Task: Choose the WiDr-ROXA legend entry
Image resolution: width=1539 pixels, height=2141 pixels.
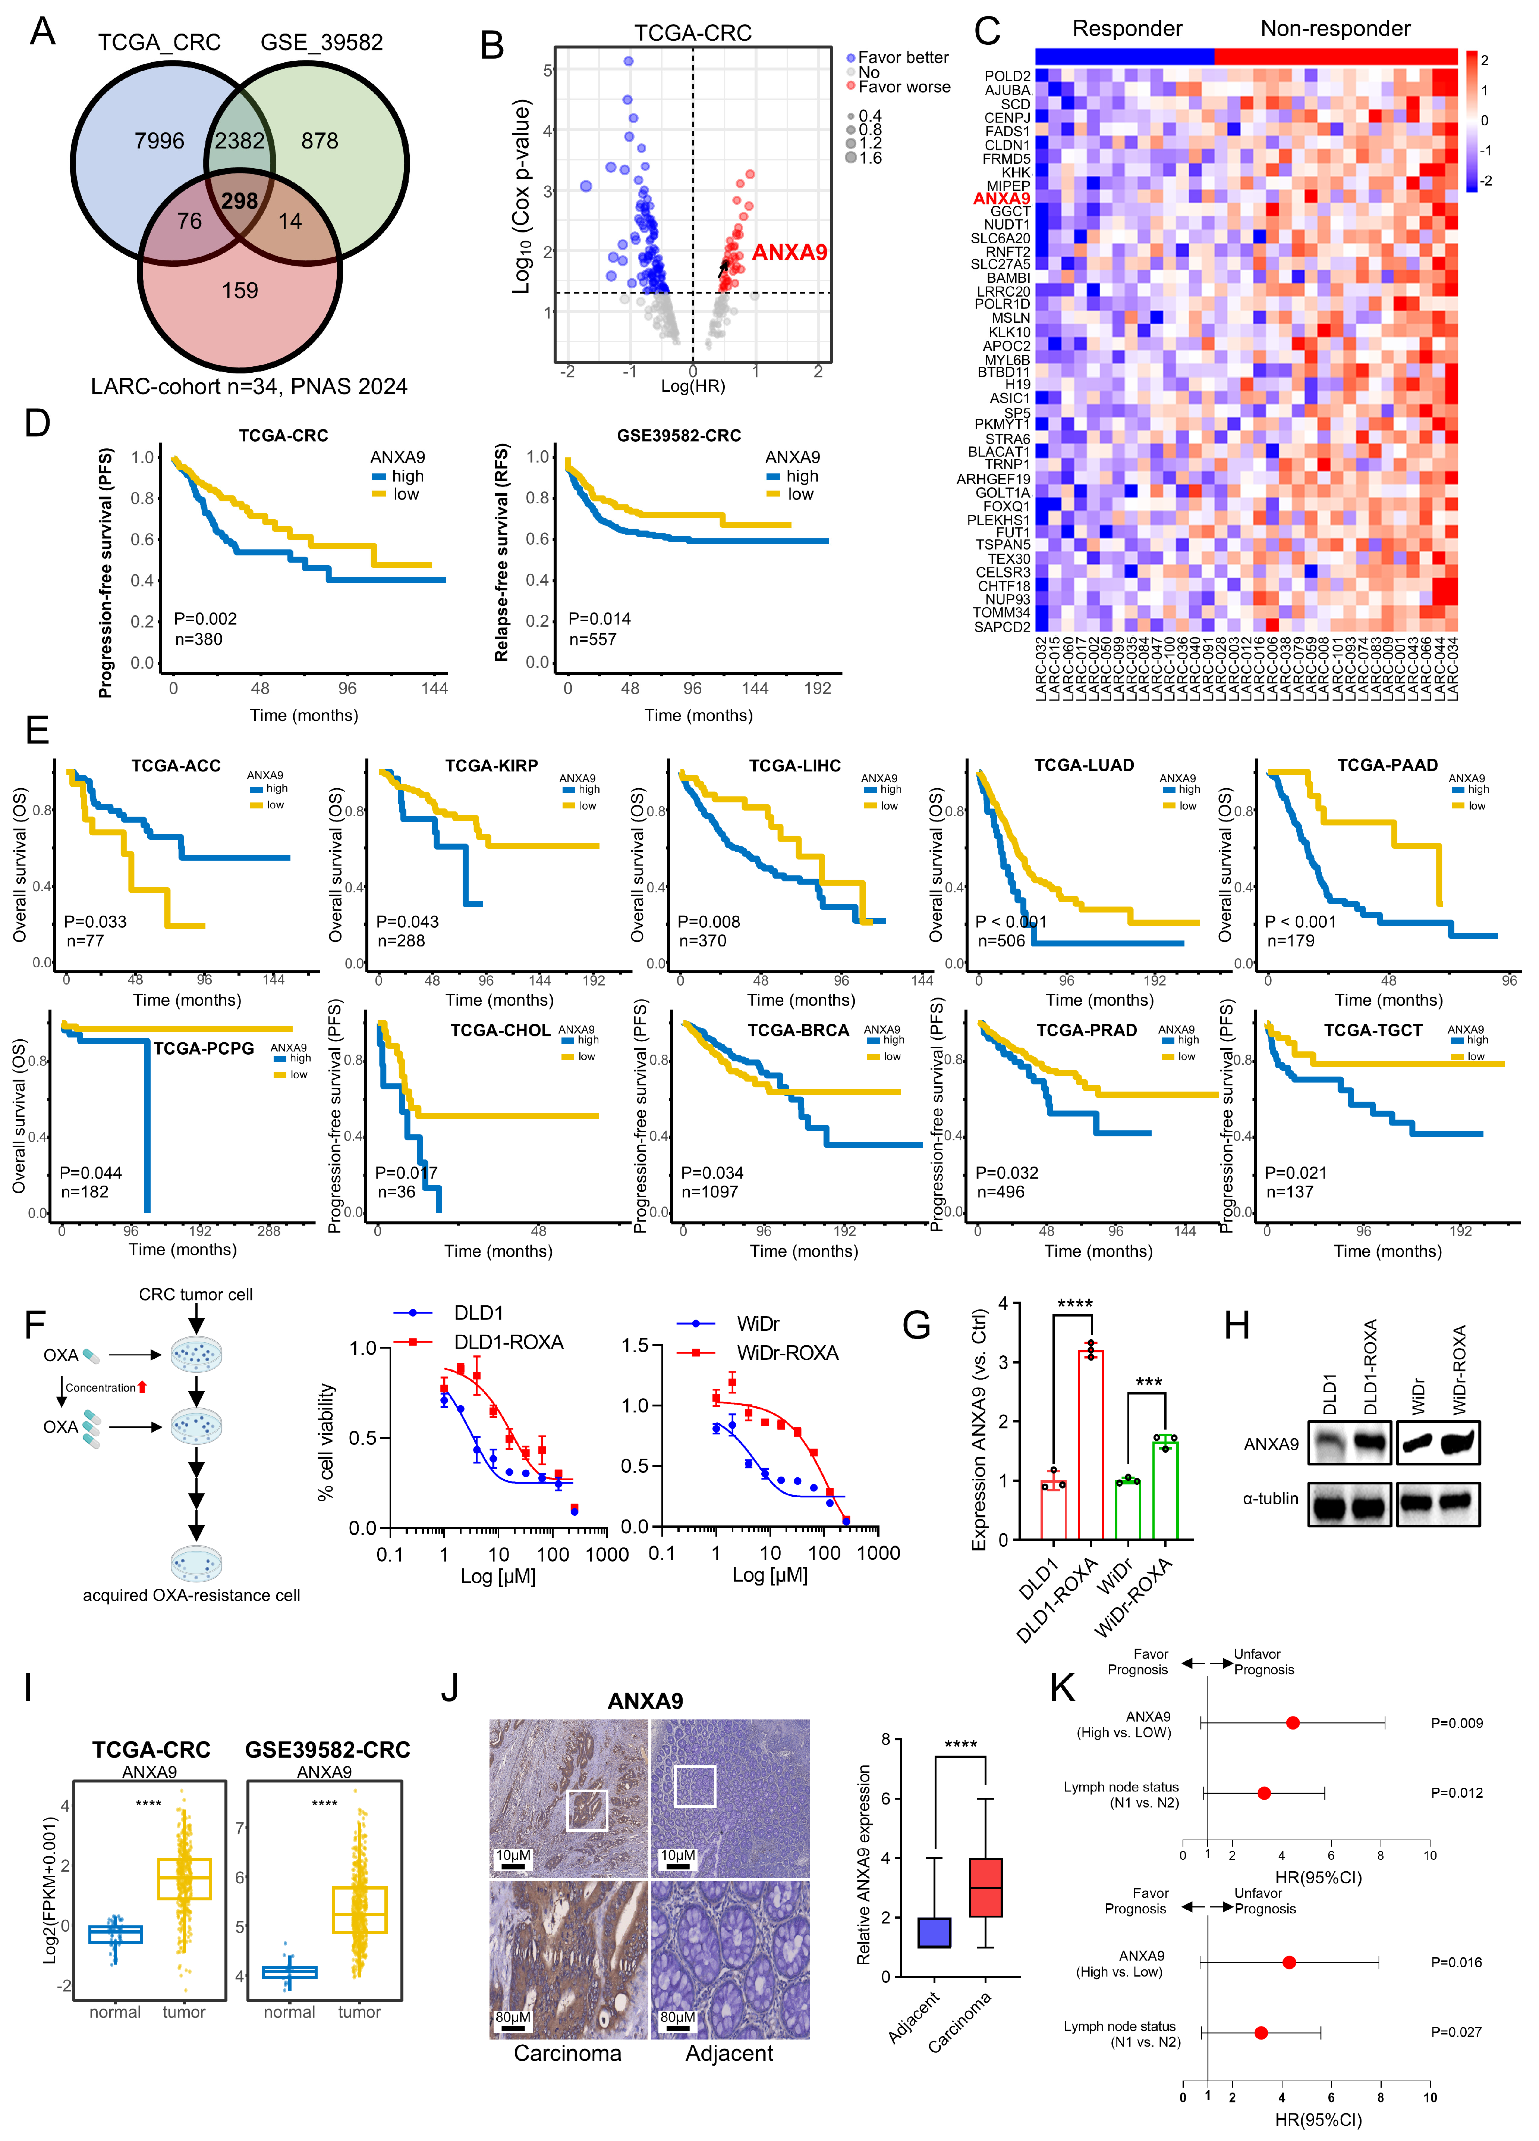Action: (x=787, y=1353)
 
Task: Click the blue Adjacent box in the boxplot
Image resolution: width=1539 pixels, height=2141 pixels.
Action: (x=934, y=1932)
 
